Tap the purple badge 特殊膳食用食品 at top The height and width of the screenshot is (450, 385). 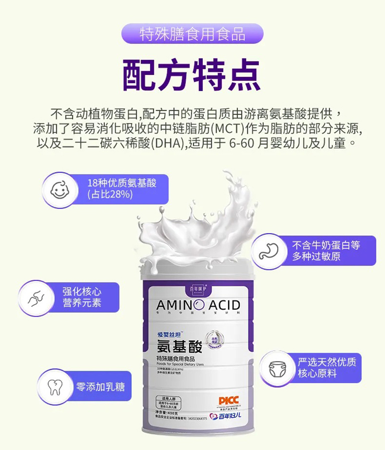[192, 34]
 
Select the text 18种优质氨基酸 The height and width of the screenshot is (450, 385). [122, 183]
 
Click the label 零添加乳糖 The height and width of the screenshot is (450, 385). [100, 386]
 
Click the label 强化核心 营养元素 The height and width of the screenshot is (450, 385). [82, 298]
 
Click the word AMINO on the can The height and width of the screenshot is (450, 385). [180, 305]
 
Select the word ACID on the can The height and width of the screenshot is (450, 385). [224, 305]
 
